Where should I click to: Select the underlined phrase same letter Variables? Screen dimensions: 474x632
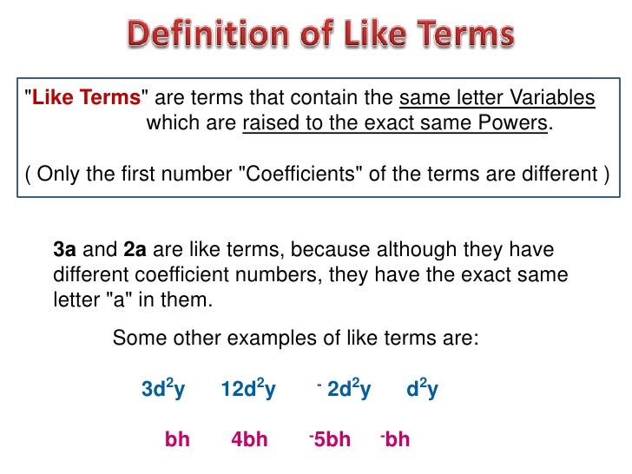coord(497,98)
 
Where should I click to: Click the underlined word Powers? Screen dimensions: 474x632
coord(512,123)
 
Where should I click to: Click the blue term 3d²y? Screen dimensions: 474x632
coord(163,390)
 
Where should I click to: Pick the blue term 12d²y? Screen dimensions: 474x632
coord(248,390)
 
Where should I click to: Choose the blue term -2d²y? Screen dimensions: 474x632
coord(345,390)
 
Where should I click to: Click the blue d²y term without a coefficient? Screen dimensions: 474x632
coord(422,390)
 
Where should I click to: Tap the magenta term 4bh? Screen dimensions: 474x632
coord(249,439)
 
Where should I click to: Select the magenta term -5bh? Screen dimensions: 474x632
coord(330,439)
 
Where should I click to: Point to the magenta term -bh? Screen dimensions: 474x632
coord(395,439)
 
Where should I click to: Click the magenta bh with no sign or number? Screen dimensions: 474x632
coord(177,439)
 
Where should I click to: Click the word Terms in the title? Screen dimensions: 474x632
coord(451,36)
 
